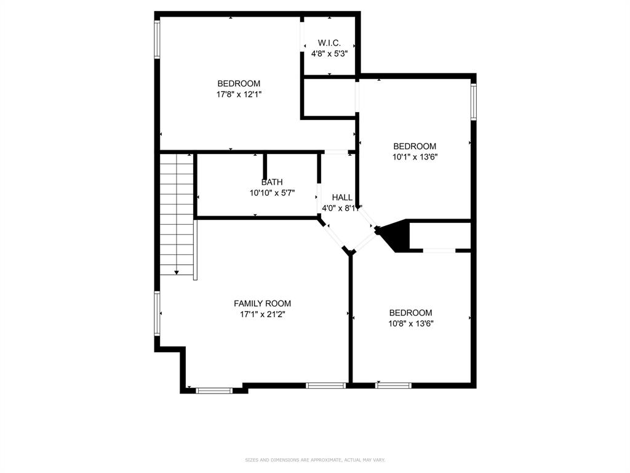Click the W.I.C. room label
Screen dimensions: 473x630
click(329, 43)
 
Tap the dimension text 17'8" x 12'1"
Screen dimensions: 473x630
click(239, 94)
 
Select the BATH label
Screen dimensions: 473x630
click(272, 182)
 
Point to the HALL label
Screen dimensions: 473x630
click(342, 197)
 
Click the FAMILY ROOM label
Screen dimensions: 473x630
click(262, 303)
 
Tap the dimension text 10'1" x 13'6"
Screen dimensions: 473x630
click(415, 157)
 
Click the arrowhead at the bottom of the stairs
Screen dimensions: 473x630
click(177, 272)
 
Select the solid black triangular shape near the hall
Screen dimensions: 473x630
click(396, 235)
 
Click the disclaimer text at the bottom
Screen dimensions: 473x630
click(315, 459)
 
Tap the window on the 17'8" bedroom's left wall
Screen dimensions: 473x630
click(157, 40)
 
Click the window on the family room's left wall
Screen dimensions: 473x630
click(157, 313)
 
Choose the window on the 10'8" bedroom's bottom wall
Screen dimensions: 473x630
click(394, 386)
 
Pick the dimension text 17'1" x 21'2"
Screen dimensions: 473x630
click(262, 314)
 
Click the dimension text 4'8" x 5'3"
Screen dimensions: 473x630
click(329, 54)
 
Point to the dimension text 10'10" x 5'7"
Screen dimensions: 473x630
click(272, 193)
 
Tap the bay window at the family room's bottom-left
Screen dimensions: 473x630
click(214, 390)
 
